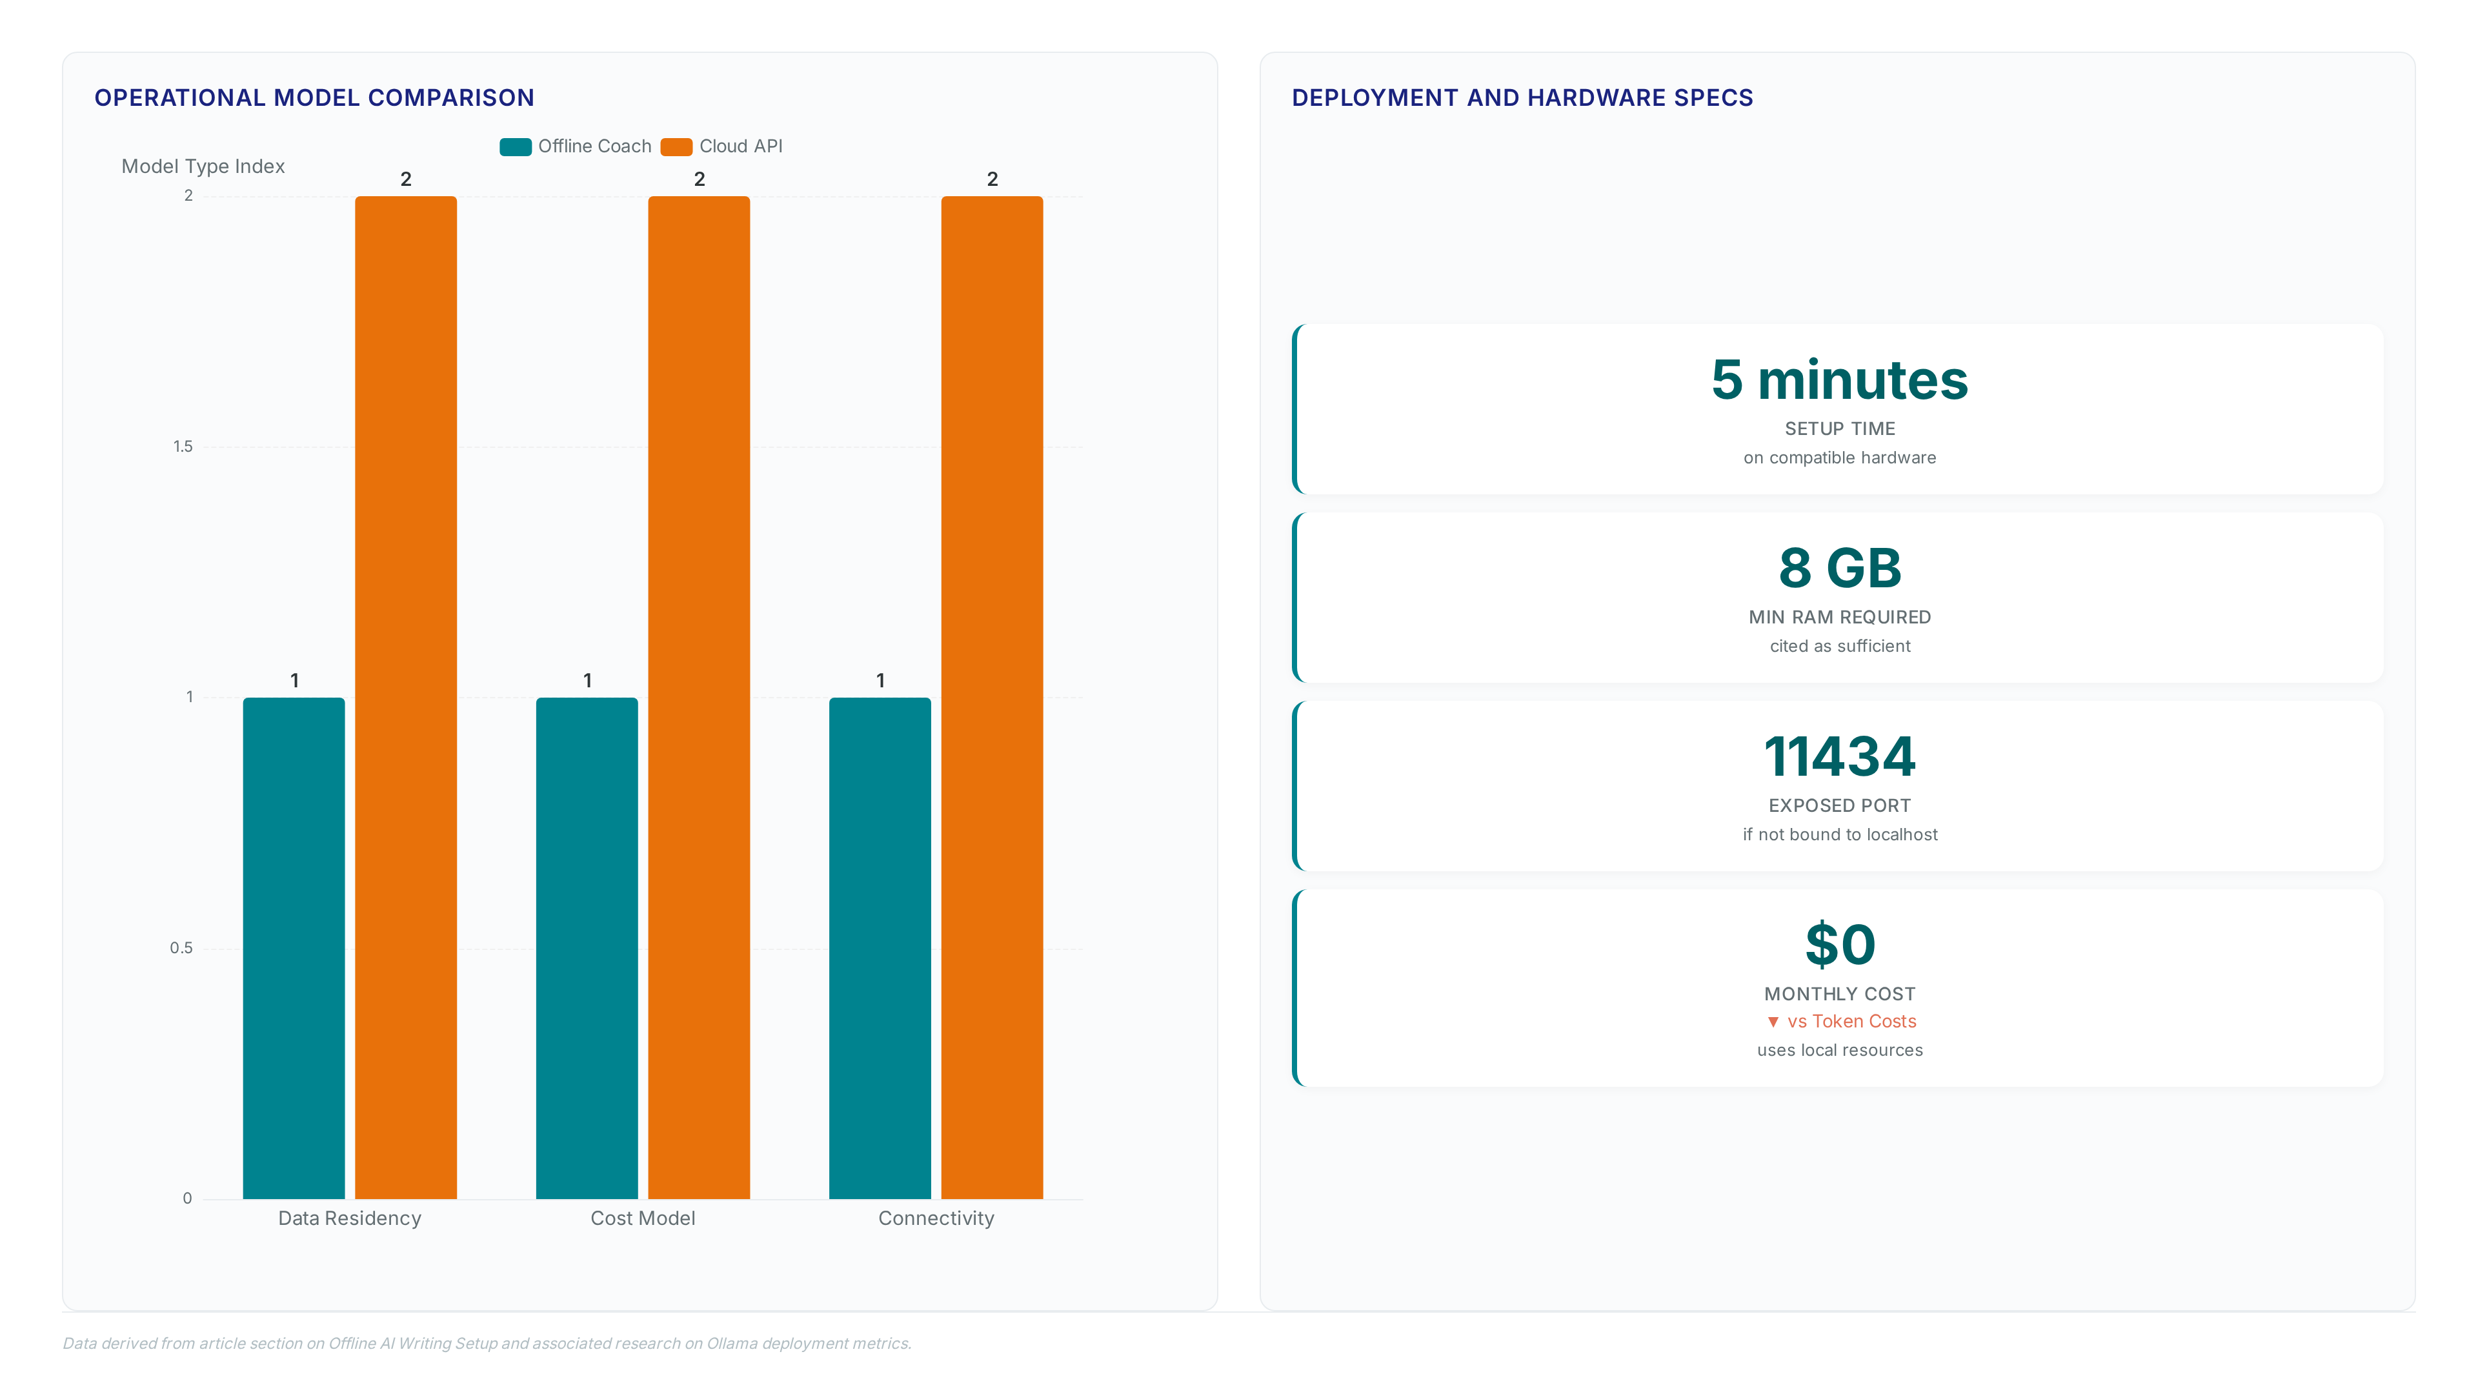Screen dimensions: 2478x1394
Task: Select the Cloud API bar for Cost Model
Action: pos(700,698)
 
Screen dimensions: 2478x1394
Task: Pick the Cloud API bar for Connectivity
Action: pos(992,698)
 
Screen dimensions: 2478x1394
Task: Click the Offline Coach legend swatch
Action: pos(516,146)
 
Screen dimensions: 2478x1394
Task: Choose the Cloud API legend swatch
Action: pos(676,146)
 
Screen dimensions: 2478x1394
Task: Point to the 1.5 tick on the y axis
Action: pos(183,447)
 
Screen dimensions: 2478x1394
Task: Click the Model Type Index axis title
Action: pos(203,167)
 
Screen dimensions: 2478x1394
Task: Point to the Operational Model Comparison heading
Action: pos(314,98)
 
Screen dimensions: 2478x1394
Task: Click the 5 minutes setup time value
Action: pos(1839,380)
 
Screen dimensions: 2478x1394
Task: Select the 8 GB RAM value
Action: pos(1839,568)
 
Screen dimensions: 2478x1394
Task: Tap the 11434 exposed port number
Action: pos(1839,756)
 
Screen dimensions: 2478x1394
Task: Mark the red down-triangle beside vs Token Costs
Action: pos(1773,1022)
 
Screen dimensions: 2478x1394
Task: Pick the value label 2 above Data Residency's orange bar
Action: pos(406,179)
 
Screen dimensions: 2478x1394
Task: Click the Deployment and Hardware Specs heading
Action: pos(1522,98)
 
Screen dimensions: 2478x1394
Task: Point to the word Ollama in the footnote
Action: pos(732,1343)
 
